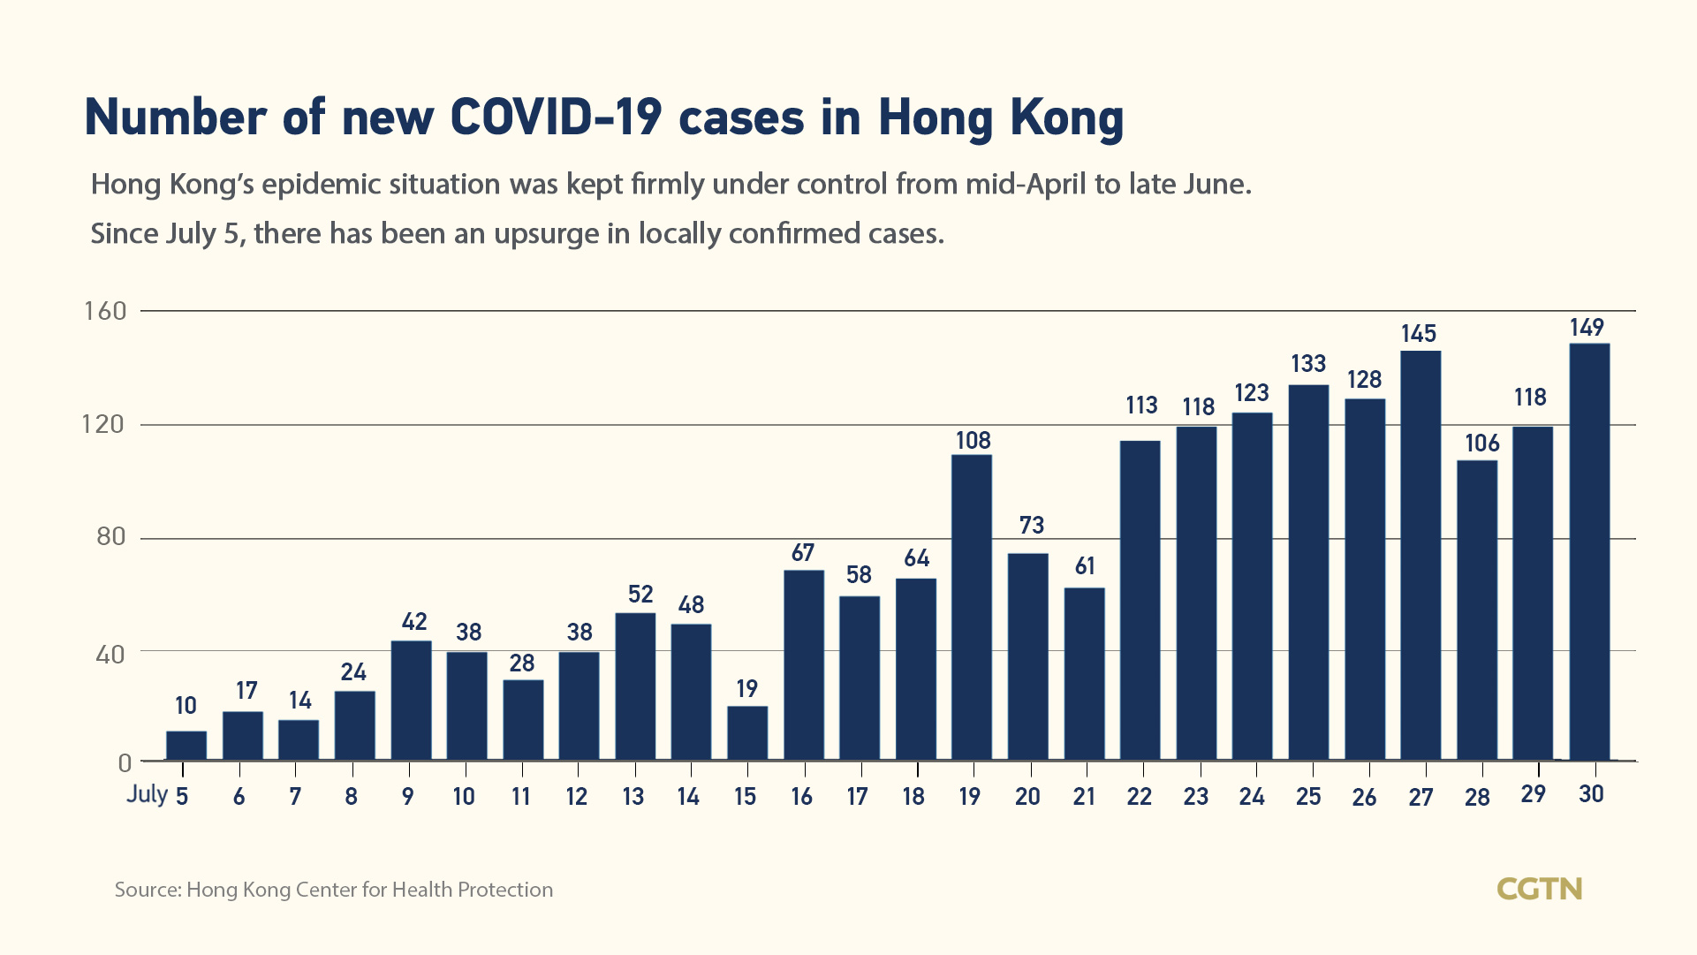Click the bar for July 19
coord(972,607)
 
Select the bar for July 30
coord(1589,551)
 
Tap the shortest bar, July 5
coord(186,746)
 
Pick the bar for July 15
coord(747,732)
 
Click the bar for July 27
coord(1420,555)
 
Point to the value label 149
coord(1587,328)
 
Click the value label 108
coord(973,440)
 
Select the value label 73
coord(1031,526)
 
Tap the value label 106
coord(1481,443)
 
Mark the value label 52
coord(640,595)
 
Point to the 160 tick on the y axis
coord(105,311)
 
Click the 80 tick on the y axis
coord(110,537)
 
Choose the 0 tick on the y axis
coord(125,762)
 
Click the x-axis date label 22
coord(1139,797)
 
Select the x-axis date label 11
coord(520,797)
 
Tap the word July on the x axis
coord(147,793)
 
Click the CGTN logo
coord(1539,889)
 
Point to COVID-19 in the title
coord(556,117)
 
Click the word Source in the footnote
coord(147,890)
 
